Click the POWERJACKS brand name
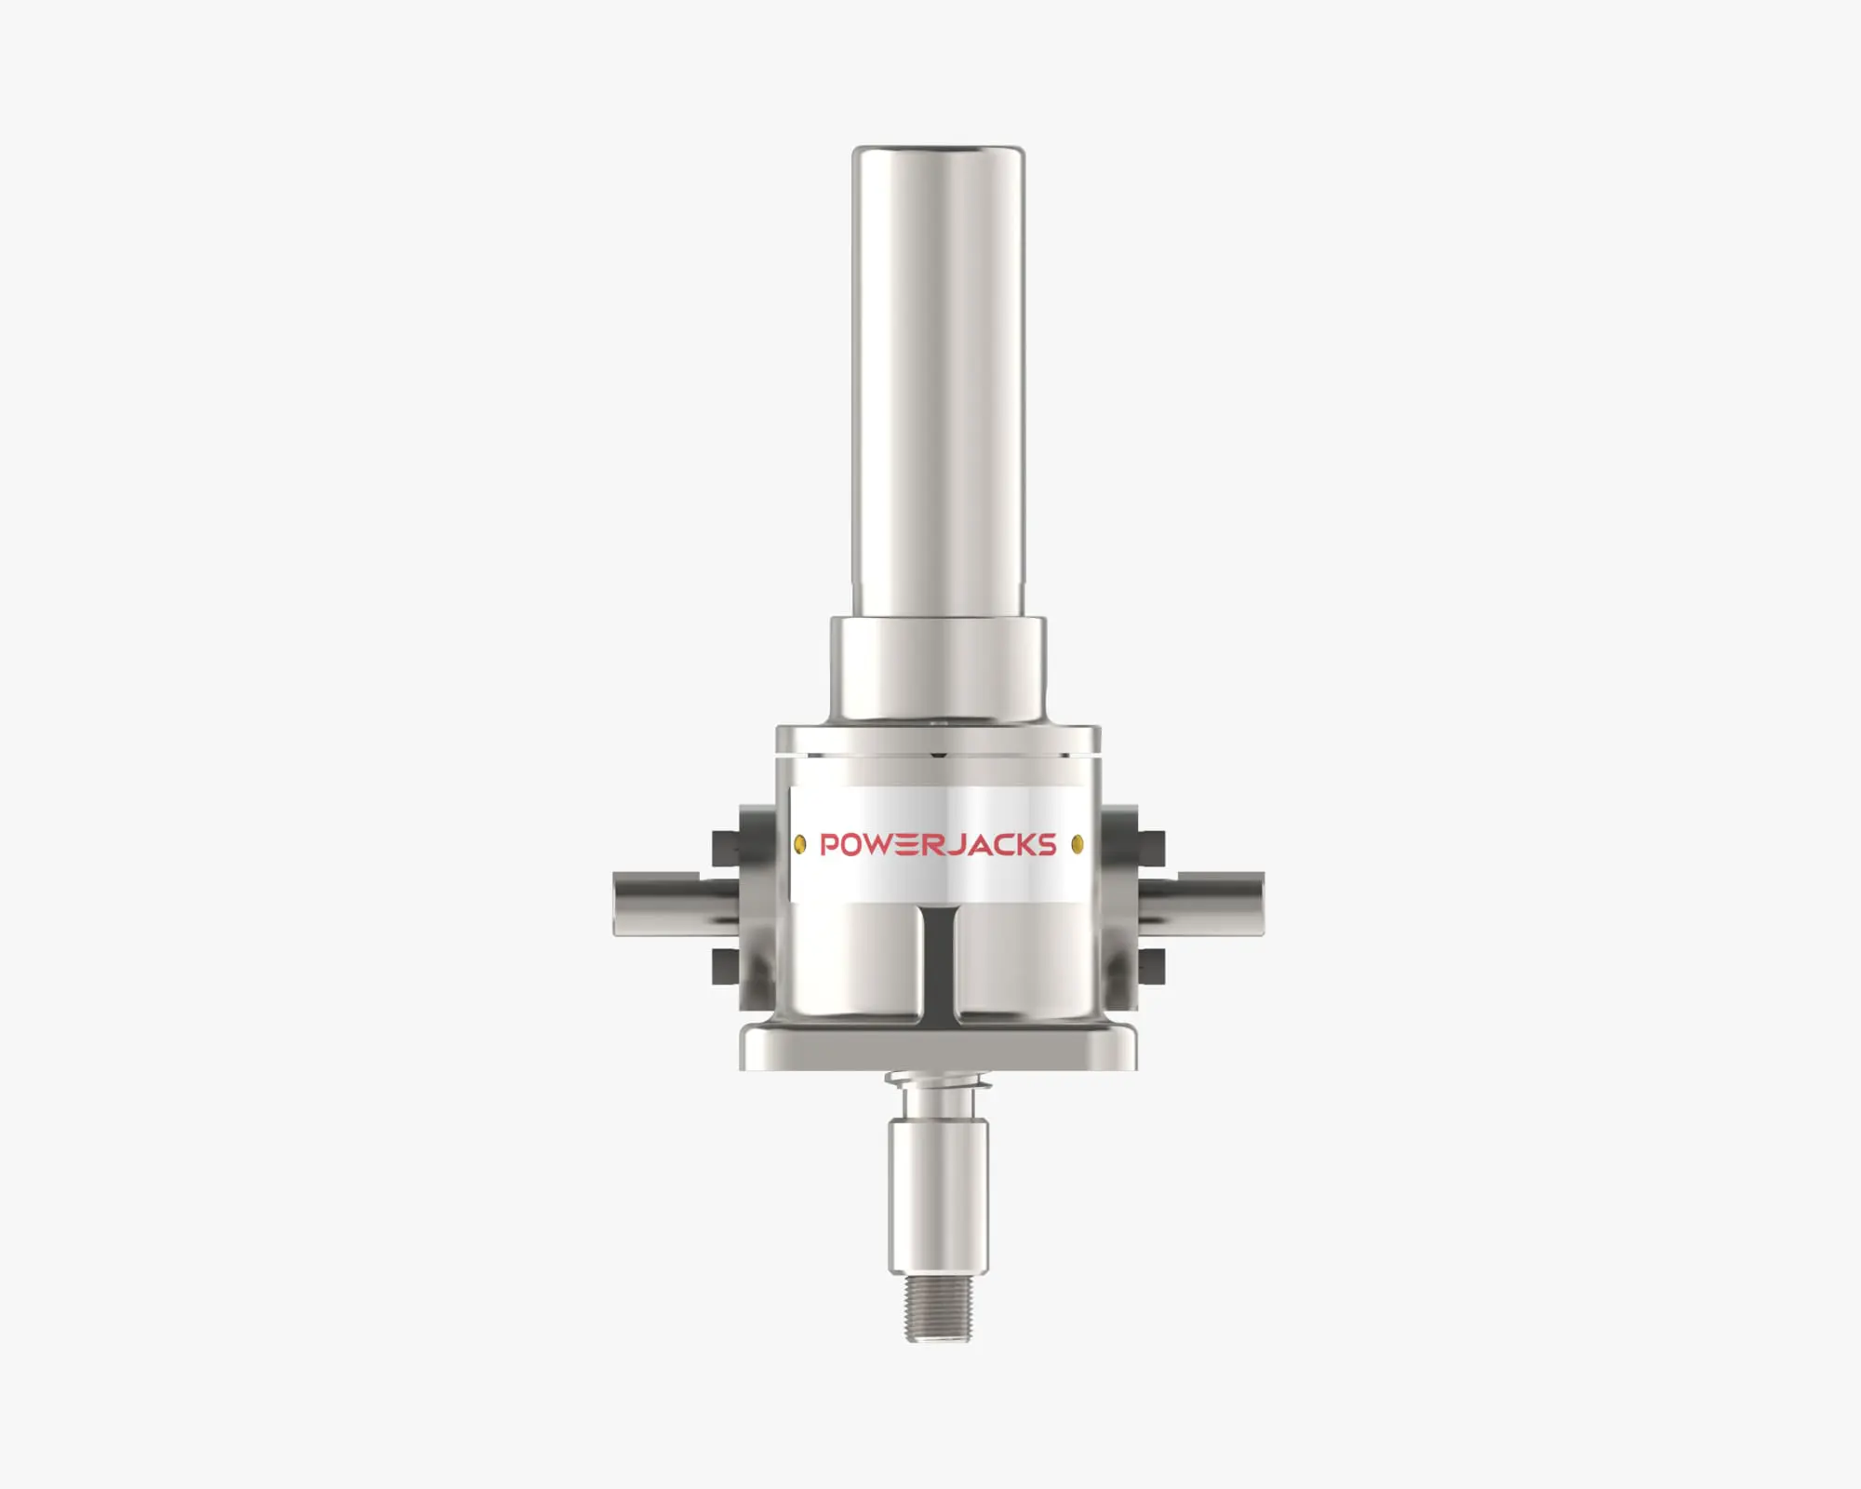(938, 844)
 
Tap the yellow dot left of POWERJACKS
(799, 844)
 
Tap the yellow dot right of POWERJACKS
(1078, 844)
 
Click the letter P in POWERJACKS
(829, 844)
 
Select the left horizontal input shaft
(661, 903)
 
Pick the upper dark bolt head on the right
(1152, 847)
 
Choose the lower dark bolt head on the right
(1152, 965)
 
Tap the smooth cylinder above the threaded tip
(938, 1196)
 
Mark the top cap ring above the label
(938, 740)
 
